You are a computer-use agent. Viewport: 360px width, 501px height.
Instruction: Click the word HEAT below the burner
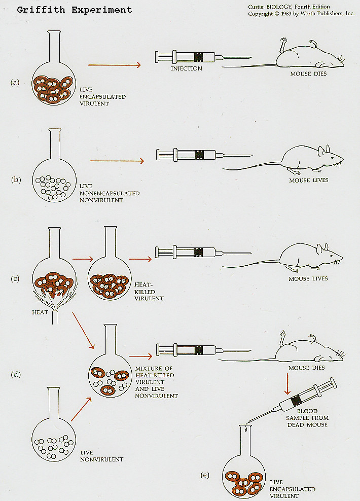40,312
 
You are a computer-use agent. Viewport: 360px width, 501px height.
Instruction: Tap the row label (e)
205,475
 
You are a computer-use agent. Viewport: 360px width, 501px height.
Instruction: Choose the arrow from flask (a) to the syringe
115,64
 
